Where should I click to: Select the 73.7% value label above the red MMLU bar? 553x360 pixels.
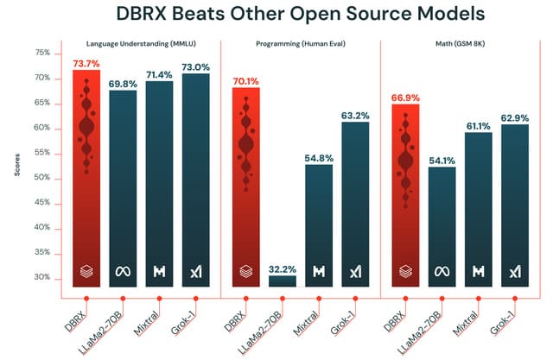pos(86,63)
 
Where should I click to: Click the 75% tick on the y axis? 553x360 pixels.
pos(41,53)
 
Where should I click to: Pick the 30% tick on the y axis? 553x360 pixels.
pos(41,277)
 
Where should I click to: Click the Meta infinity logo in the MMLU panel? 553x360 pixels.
pos(123,272)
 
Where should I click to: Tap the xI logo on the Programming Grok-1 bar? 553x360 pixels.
pos(355,272)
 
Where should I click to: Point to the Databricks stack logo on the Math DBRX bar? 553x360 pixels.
pos(404,272)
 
